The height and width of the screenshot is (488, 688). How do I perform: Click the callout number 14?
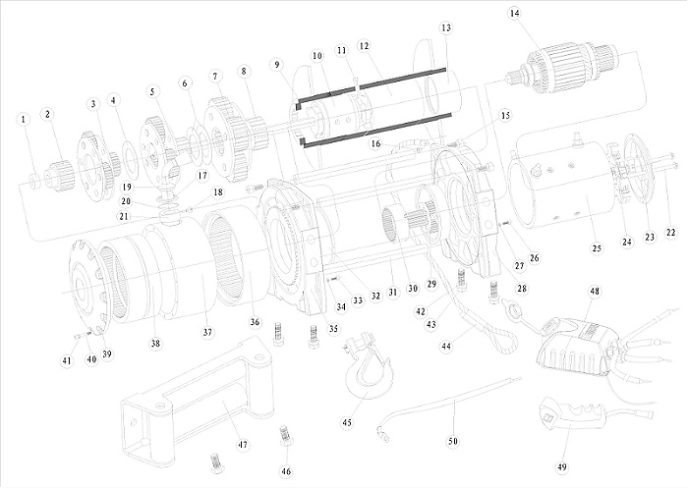tap(515, 13)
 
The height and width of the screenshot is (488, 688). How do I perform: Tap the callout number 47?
tap(242, 445)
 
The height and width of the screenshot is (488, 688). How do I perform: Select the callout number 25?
tap(596, 249)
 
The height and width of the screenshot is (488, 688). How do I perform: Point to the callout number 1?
tap(22, 119)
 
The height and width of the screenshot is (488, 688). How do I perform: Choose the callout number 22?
tap(670, 232)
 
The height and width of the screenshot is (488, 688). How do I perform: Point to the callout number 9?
tap(278, 64)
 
